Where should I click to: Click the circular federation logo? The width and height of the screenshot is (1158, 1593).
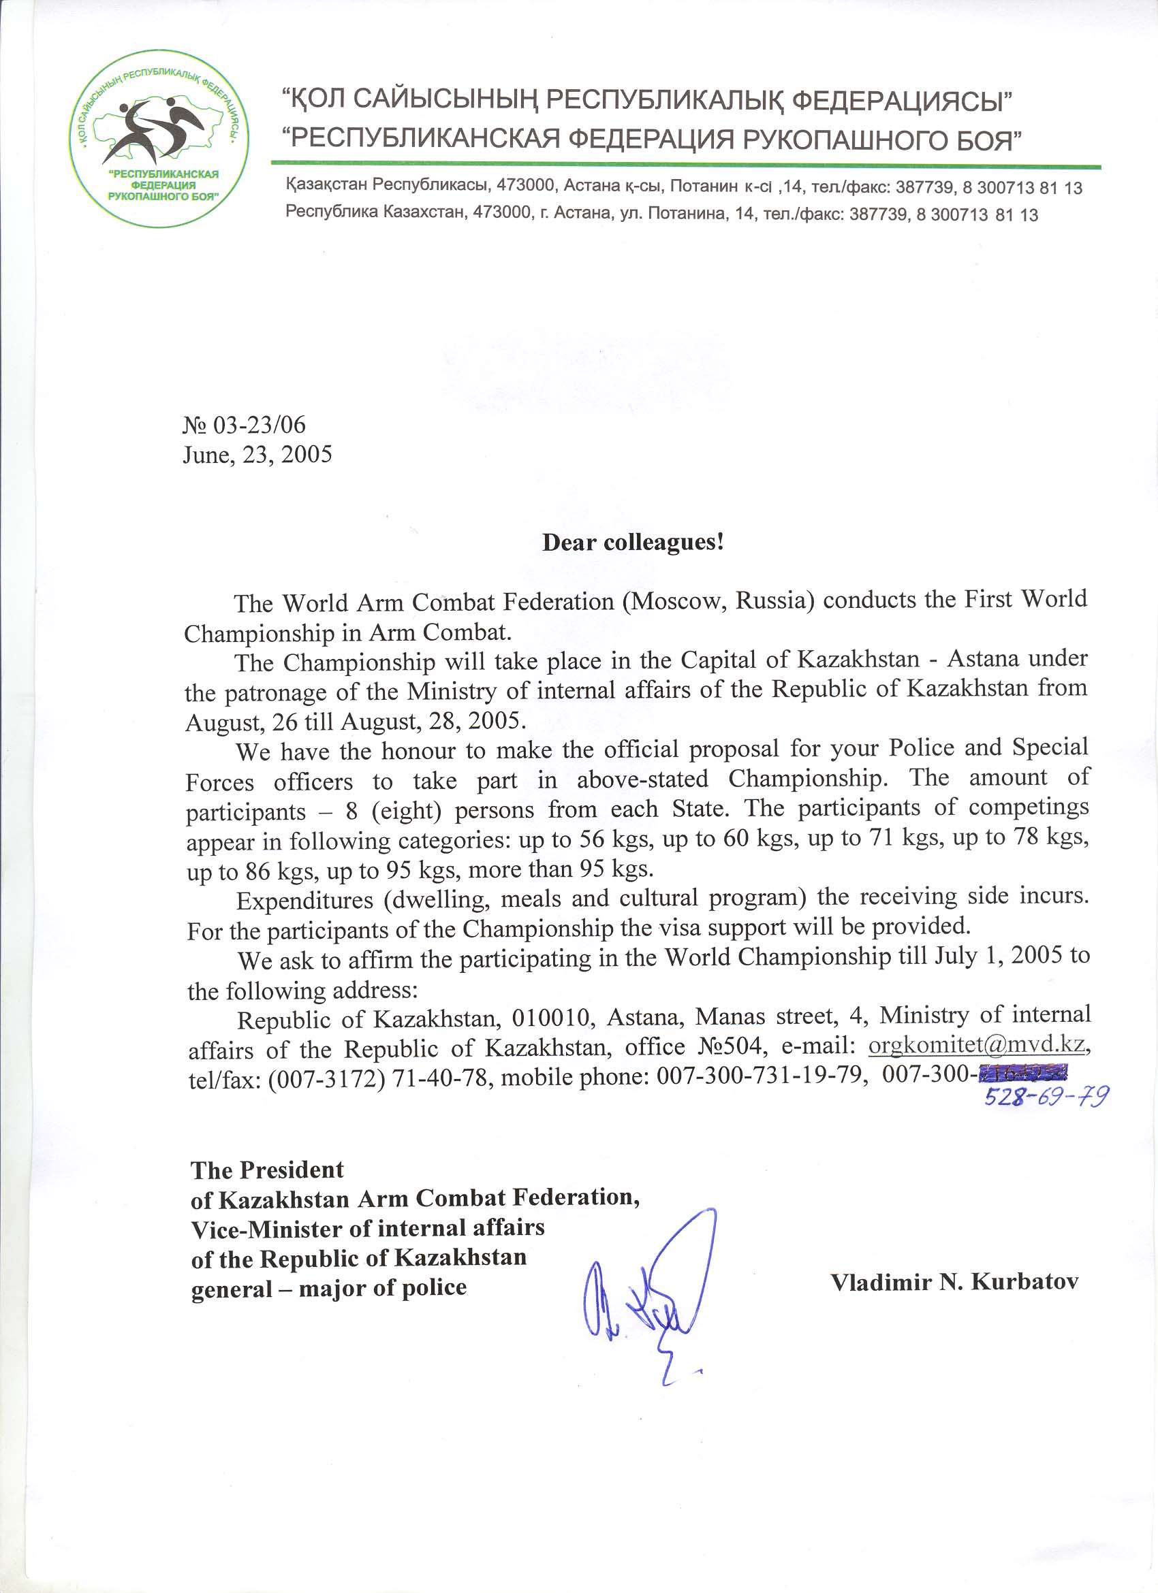click(159, 138)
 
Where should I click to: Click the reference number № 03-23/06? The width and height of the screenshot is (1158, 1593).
click(244, 424)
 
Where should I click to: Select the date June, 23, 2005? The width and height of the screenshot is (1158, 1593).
click(257, 455)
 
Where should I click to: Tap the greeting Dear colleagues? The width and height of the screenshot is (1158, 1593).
click(632, 543)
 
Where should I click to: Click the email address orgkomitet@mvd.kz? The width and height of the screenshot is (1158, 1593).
click(977, 1045)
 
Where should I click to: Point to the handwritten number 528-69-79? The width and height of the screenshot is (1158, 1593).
click(1046, 1096)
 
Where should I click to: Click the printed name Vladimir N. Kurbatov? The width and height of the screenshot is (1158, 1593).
click(954, 1283)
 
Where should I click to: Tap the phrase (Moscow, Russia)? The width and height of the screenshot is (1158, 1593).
click(717, 601)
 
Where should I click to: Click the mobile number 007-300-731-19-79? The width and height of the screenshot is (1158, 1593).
click(759, 1076)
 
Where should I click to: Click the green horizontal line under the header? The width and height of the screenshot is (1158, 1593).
click(686, 167)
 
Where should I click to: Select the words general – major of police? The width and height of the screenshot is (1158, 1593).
click(329, 1288)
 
